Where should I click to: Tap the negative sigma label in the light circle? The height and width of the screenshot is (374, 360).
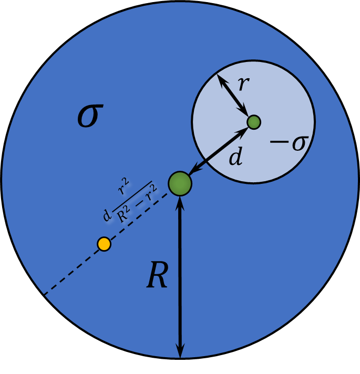point(290,143)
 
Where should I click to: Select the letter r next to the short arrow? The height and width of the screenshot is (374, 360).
point(244,84)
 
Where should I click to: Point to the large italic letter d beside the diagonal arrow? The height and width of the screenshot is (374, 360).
point(235,156)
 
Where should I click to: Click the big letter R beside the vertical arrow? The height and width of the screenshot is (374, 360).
point(157,275)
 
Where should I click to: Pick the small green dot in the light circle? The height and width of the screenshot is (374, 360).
point(254,122)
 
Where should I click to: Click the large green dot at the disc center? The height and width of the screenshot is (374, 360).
point(180,183)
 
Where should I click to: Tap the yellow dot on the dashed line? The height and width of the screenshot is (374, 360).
point(104,244)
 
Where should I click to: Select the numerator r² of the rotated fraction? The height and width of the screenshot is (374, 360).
point(124,187)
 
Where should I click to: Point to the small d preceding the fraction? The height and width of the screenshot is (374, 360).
point(107,215)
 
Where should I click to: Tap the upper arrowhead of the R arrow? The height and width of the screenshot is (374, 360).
point(180,203)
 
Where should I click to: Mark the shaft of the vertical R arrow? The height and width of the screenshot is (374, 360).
point(180,277)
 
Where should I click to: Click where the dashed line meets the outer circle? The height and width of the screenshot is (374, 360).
point(45,295)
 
